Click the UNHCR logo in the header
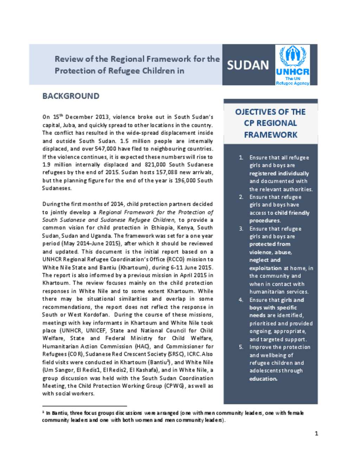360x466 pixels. pyautogui.click(x=292, y=65)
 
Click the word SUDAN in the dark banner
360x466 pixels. pyautogui.click(x=248, y=65)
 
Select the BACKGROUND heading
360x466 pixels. pyautogui.click(x=71, y=96)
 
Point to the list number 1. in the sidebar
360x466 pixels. pyautogui.click(x=241, y=158)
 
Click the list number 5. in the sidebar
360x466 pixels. pyautogui.click(x=241, y=347)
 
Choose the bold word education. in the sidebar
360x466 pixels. pyautogui.click(x=263, y=379)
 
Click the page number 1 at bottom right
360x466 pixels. pyautogui.click(x=316, y=433)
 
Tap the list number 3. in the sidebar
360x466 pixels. pyautogui.click(x=241, y=229)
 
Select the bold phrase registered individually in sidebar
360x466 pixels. pyautogui.click(x=279, y=173)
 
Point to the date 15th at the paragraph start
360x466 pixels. pyautogui.click(x=58, y=117)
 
